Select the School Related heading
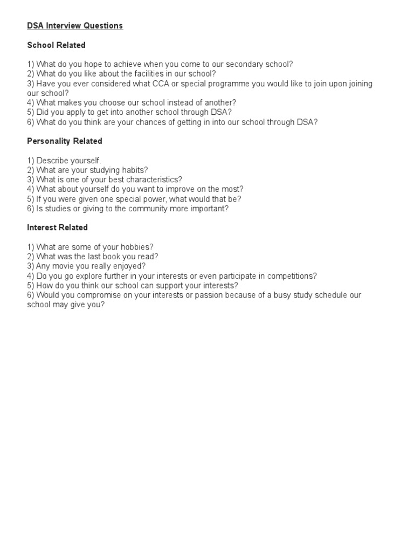point(56,45)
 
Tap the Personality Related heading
point(65,141)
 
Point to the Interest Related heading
point(57,227)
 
